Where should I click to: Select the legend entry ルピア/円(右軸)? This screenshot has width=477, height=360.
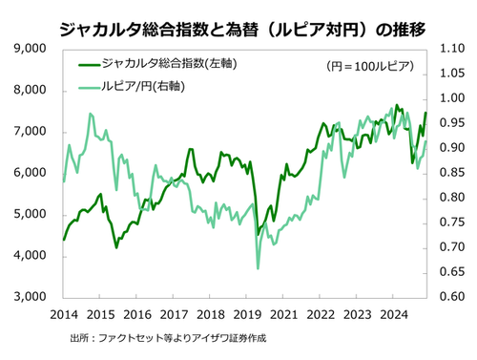click(x=153, y=88)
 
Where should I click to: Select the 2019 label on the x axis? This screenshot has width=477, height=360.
click(x=247, y=314)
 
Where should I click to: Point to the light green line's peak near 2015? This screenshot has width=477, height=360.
click(x=91, y=114)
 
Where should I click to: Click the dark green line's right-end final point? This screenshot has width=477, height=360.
click(x=425, y=114)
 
